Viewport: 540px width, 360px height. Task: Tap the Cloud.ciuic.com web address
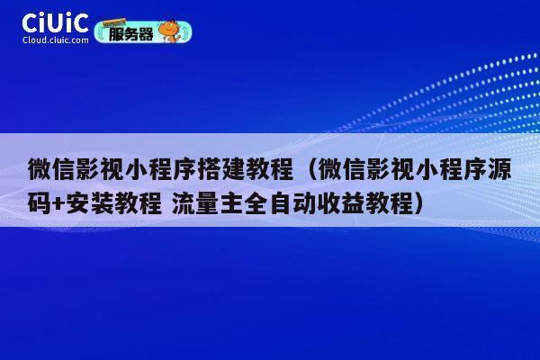[x=55, y=40]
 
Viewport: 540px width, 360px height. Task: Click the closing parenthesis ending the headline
[x=417, y=201]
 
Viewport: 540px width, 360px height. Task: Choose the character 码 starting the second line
[x=38, y=201]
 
